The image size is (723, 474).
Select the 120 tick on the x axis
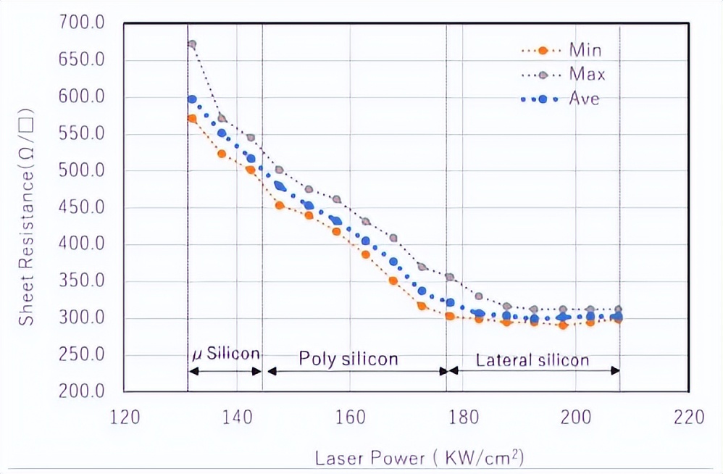pos(124,418)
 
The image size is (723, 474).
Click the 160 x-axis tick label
pos(350,418)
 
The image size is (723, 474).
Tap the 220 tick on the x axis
pos(688,418)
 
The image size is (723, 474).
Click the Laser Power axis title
pos(419,458)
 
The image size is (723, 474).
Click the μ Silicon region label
pos(225,354)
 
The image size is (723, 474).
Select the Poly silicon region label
pos(349,359)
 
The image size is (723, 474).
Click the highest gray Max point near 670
pos(192,44)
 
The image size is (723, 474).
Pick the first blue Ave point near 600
pos(192,99)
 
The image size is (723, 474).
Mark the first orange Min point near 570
pos(192,118)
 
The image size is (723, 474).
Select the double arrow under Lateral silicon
pos(534,370)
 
